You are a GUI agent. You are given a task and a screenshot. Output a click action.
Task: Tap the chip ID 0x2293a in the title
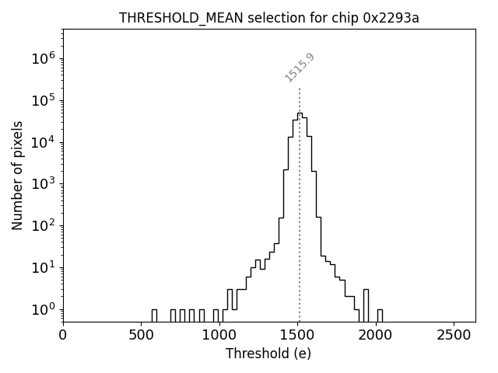(x=391, y=18)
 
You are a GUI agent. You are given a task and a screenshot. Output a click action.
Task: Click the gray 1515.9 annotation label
(x=300, y=68)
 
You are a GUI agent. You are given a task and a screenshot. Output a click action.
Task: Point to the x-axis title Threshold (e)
(x=268, y=354)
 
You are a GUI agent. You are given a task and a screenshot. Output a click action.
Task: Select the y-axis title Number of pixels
(x=18, y=175)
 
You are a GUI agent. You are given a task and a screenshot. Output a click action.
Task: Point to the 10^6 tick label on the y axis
(x=44, y=58)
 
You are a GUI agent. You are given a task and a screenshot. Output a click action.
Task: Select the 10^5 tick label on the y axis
(x=44, y=100)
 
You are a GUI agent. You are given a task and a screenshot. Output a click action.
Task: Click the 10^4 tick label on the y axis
(x=44, y=142)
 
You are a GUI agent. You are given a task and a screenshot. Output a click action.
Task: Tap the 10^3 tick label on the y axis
(x=44, y=184)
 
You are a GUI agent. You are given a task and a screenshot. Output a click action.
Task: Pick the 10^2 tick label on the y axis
(x=44, y=226)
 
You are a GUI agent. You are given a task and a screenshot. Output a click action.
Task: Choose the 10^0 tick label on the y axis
(x=44, y=309)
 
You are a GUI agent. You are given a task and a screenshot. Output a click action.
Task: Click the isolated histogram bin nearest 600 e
(x=154, y=315)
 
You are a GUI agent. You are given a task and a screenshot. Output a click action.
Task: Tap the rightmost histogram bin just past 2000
(x=380, y=315)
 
